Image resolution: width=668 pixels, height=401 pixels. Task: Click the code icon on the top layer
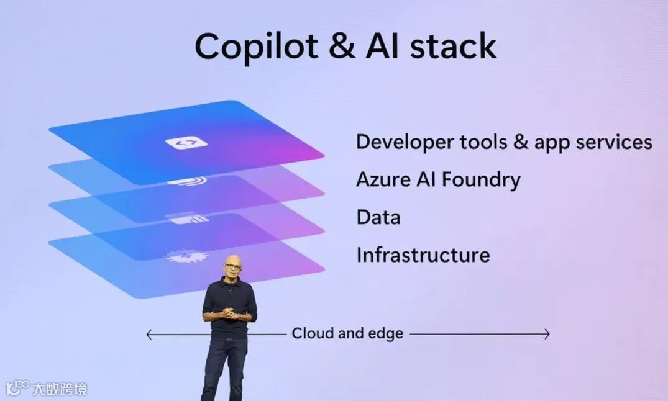[186, 143]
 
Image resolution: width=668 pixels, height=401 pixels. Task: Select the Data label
[378, 217]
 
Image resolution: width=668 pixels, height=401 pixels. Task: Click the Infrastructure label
[423, 255]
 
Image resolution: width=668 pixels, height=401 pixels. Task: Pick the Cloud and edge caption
[347, 334]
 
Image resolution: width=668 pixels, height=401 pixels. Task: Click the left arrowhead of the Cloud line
[148, 335]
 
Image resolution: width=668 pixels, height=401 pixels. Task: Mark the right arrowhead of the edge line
[547, 335]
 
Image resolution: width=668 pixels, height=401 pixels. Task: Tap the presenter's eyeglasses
[231, 267]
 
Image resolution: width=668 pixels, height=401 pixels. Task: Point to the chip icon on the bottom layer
[185, 256]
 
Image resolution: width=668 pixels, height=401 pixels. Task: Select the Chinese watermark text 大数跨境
[60, 389]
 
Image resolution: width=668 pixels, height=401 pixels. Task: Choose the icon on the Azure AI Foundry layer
[185, 181]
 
